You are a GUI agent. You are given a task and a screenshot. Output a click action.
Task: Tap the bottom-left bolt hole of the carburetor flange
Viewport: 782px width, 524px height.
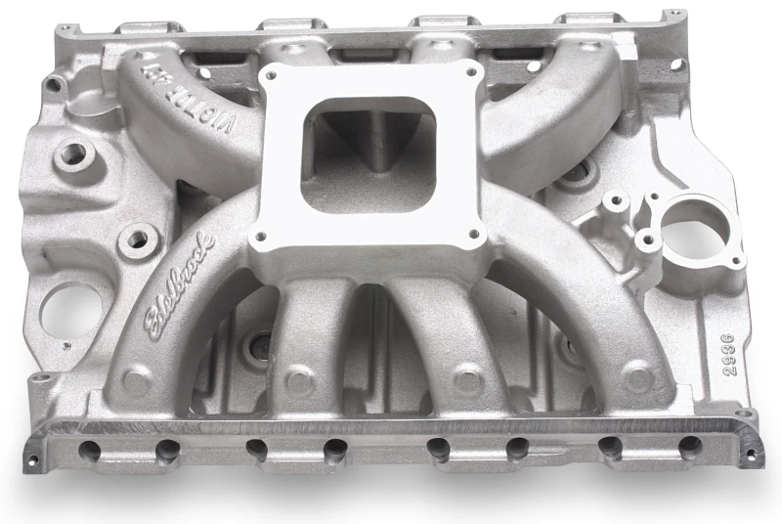(260, 239)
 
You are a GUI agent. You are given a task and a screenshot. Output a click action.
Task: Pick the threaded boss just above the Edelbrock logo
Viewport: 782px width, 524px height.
(136, 239)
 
